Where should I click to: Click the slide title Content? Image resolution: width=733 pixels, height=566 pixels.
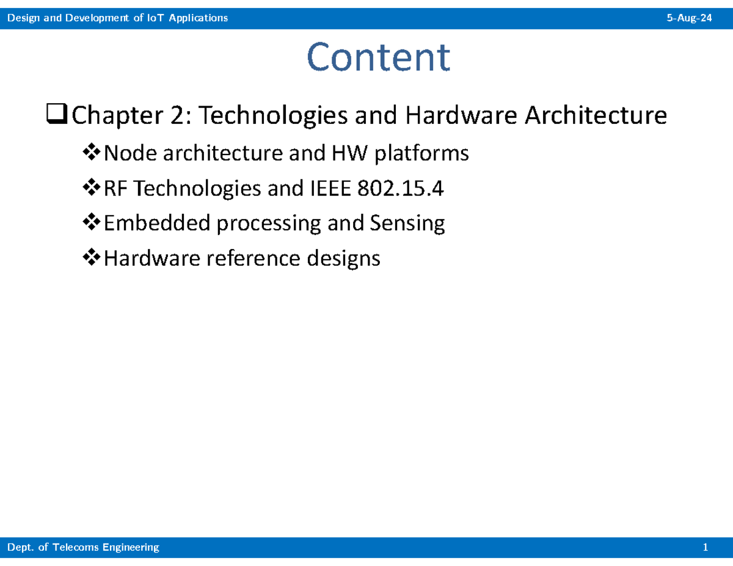coord(378,57)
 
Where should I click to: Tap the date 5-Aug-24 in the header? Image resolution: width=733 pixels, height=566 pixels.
coord(689,18)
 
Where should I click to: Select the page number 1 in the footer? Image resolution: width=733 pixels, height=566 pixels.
coord(706,548)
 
